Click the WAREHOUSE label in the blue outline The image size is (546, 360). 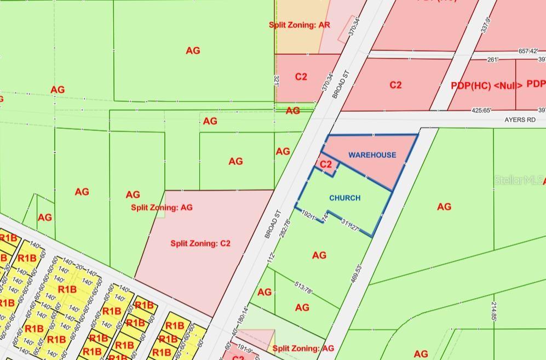[372, 155]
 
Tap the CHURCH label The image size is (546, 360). [344, 198]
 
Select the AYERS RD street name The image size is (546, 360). [520, 120]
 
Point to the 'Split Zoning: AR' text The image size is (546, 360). [299, 25]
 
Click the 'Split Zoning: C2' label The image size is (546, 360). [200, 243]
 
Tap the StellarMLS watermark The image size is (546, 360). [519, 180]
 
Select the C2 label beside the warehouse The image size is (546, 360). [325, 164]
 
